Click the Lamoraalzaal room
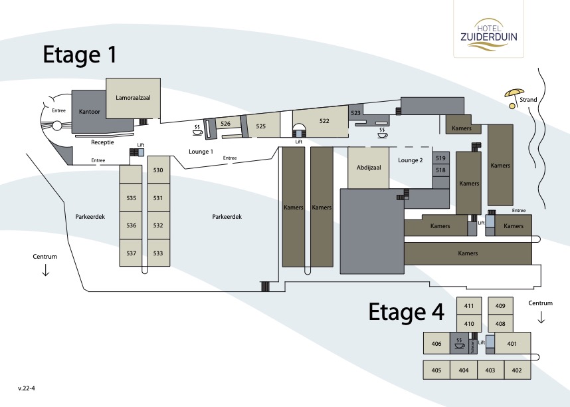[133, 98]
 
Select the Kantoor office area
[89, 112]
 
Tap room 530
[159, 170]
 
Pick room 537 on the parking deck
[131, 253]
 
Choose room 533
[159, 253]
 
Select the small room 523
[355, 113]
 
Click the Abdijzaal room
[368, 168]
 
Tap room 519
[440, 158]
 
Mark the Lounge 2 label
[411, 160]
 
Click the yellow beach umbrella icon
[514, 98]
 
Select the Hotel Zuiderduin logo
[488, 35]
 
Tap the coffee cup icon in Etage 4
[459, 343]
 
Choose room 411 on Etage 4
[469, 306]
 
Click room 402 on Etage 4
[518, 370]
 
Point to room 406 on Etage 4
[436, 343]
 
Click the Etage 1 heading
[80, 55]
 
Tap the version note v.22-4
[27, 388]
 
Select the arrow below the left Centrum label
[45, 270]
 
